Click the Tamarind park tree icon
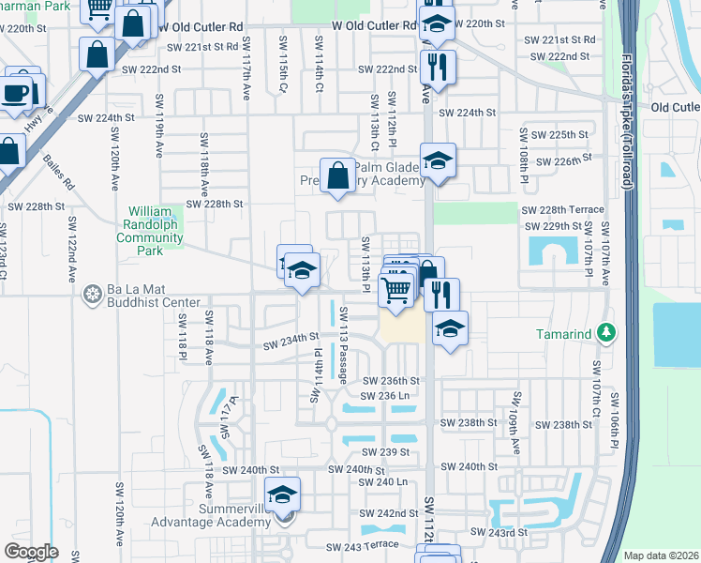[x=606, y=332]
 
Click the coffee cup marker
[x=16, y=92]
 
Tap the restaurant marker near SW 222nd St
[x=437, y=66]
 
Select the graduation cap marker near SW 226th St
[x=437, y=160]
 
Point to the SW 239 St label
[x=391, y=452]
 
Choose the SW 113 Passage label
[x=343, y=344]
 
